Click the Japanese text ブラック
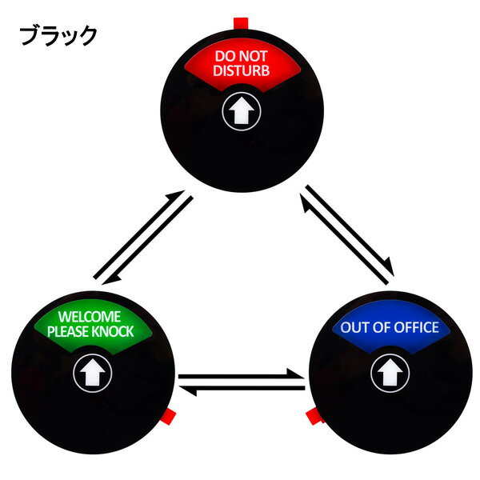[x=58, y=35]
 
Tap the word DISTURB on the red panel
[x=242, y=70]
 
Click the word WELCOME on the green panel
[x=90, y=317]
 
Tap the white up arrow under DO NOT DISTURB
[x=242, y=110]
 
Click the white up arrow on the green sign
[x=93, y=372]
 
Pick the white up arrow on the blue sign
[x=390, y=372]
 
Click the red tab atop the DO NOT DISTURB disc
[x=241, y=23]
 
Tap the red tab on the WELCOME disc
[x=168, y=417]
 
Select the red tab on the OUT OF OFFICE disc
[x=314, y=416]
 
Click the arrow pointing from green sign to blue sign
[x=242, y=374]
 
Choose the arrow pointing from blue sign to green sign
[x=242, y=390]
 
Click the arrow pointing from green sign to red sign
[x=139, y=234]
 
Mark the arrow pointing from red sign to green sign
[x=148, y=240]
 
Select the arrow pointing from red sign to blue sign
[x=350, y=230]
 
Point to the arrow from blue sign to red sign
[x=344, y=238]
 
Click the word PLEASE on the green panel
[x=68, y=331]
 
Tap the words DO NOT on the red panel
[x=242, y=56]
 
